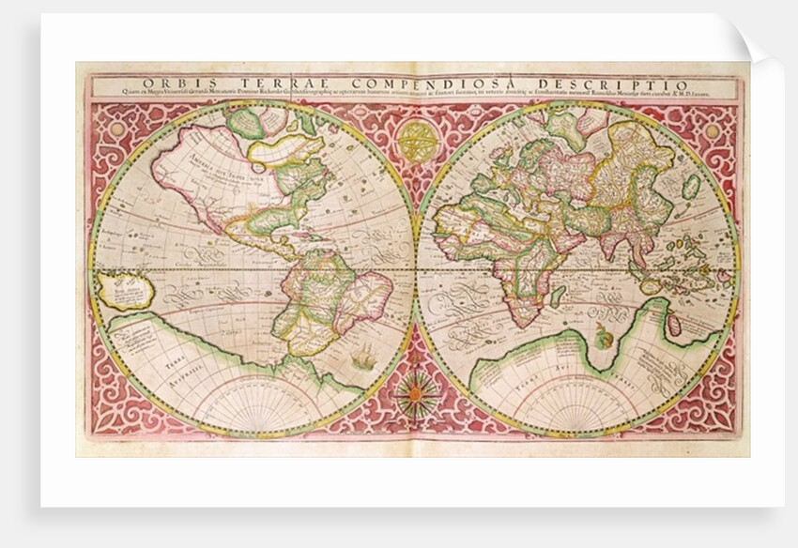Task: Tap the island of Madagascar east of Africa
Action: (x=559, y=296)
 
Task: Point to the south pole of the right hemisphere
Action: (x=576, y=433)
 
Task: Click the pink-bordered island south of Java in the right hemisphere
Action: (x=673, y=324)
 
